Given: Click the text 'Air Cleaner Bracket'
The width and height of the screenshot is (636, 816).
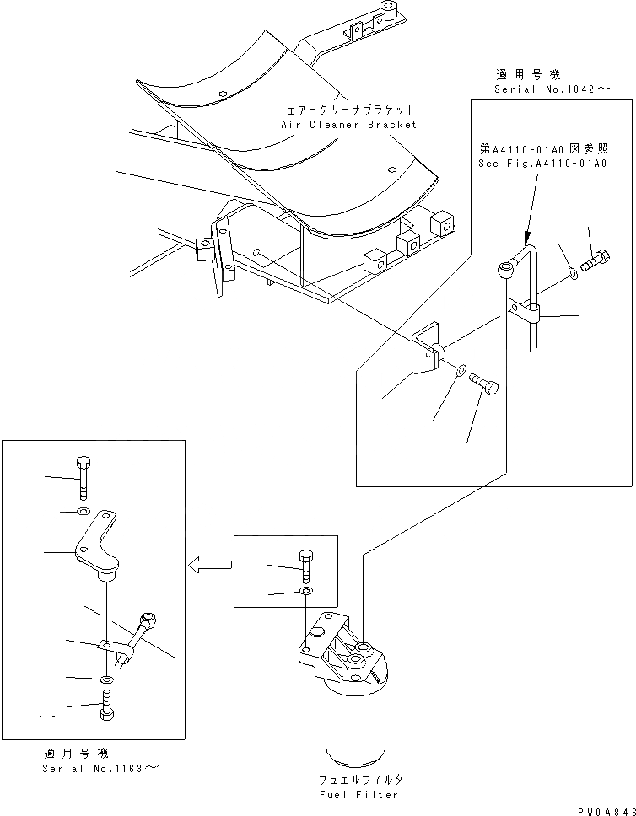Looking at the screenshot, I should [348, 125].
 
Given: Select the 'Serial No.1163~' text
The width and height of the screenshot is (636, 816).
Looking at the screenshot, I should [99, 768].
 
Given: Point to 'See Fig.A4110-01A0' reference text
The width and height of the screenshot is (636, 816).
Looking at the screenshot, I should [542, 164].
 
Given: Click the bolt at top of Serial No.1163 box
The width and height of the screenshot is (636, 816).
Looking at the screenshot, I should [83, 477].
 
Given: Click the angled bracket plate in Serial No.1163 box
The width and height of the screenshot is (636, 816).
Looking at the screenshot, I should [98, 544].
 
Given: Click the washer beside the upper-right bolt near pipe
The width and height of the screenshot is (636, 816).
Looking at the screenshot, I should [572, 272].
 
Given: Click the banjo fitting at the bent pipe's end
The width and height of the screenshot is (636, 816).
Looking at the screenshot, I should [504, 269].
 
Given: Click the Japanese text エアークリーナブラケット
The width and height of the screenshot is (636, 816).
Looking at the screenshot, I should [348, 110].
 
